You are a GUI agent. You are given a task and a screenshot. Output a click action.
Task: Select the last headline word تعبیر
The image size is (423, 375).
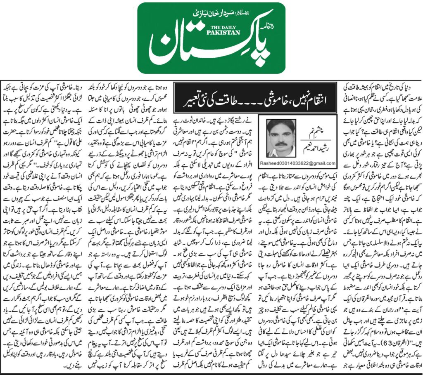188,99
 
